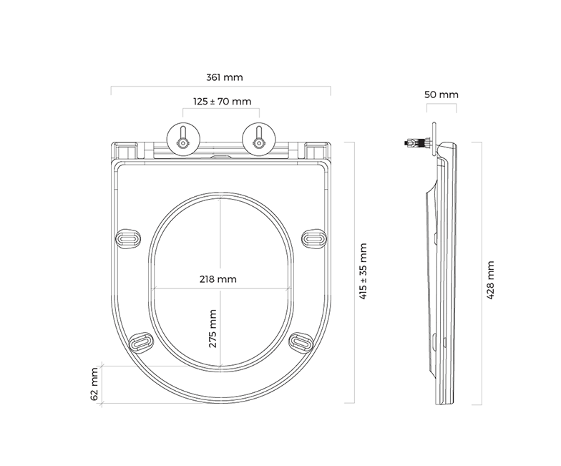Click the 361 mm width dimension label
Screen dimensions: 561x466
[225, 77]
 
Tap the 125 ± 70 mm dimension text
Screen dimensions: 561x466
[222, 102]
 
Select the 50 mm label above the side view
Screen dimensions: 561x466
[441, 94]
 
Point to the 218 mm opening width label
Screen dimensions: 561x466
[218, 279]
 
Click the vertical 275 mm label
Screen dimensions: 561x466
[213, 329]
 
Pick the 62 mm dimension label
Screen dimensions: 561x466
[94, 384]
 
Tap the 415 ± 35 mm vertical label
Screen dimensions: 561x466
[363, 271]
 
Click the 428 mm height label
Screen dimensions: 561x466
[490, 280]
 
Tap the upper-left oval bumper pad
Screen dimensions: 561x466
[128, 238]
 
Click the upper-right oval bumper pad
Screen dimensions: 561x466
[314, 238]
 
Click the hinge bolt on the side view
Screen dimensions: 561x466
[417, 143]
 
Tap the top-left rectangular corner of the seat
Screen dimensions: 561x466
[125, 150]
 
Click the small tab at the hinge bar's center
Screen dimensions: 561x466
[221, 157]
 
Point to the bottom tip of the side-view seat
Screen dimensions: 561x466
[445, 404]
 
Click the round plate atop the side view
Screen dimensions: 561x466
[434, 139]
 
